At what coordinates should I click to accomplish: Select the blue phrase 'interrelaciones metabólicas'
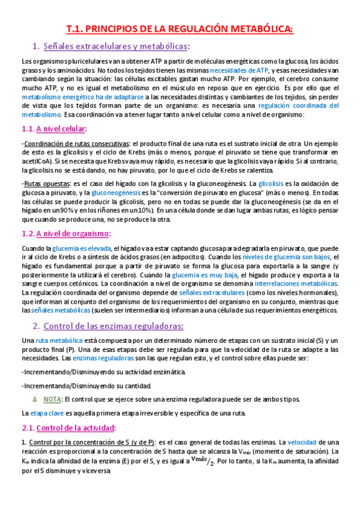click(297, 283)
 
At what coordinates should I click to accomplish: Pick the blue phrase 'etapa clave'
click(47, 414)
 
